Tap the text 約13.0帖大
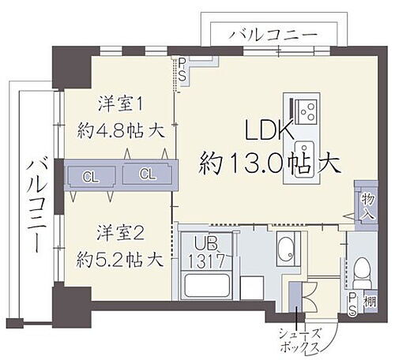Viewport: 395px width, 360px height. (269, 163)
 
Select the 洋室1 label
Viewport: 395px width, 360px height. (118, 103)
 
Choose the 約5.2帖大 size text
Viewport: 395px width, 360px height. (118, 257)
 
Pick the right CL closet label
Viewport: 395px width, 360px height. (147, 174)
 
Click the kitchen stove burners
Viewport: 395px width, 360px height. (301, 108)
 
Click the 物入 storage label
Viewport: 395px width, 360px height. (367, 208)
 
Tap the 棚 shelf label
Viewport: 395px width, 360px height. (370, 301)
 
